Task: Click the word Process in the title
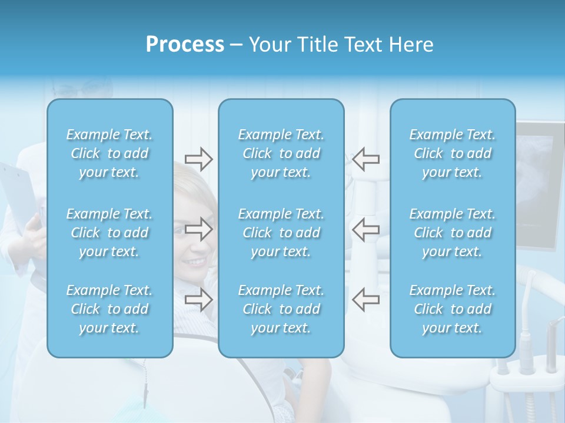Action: click(x=185, y=45)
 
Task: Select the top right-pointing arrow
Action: click(x=198, y=158)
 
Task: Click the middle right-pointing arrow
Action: click(x=198, y=229)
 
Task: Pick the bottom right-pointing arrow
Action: click(x=198, y=299)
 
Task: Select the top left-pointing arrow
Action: click(x=365, y=158)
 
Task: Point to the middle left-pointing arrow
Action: click(x=365, y=229)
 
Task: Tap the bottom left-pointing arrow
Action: click(x=365, y=299)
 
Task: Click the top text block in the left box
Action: click(x=109, y=153)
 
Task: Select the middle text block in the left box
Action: click(x=109, y=233)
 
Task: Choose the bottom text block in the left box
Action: click(x=109, y=309)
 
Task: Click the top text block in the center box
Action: click(x=281, y=153)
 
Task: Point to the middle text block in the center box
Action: click(x=281, y=233)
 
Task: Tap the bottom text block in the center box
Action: click(x=281, y=309)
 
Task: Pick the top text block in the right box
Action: click(x=453, y=153)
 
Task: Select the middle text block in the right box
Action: click(x=453, y=233)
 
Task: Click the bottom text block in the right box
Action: click(x=453, y=309)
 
